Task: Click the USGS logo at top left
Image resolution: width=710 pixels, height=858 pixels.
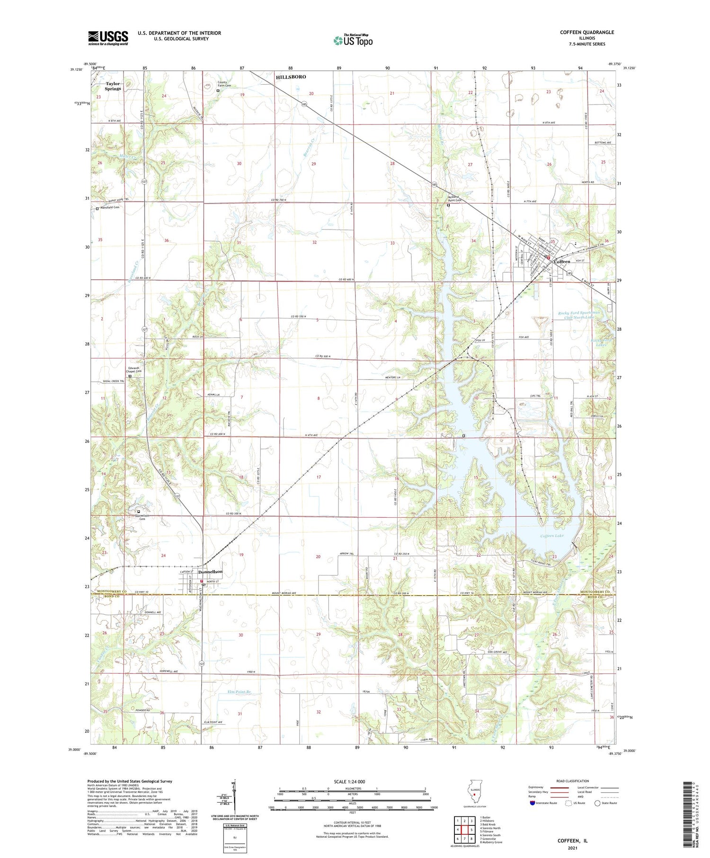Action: [x=108, y=38]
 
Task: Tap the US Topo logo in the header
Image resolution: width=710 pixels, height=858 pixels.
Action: [x=353, y=41]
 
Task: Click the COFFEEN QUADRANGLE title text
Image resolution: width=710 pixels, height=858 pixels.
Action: [x=586, y=32]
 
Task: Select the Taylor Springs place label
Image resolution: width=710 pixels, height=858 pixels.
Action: [x=113, y=86]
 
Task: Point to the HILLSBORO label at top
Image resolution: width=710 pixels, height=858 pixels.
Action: [x=291, y=77]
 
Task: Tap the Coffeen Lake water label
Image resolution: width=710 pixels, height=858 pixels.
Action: [x=552, y=536]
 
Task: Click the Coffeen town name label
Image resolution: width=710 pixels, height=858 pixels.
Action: [x=562, y=262]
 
